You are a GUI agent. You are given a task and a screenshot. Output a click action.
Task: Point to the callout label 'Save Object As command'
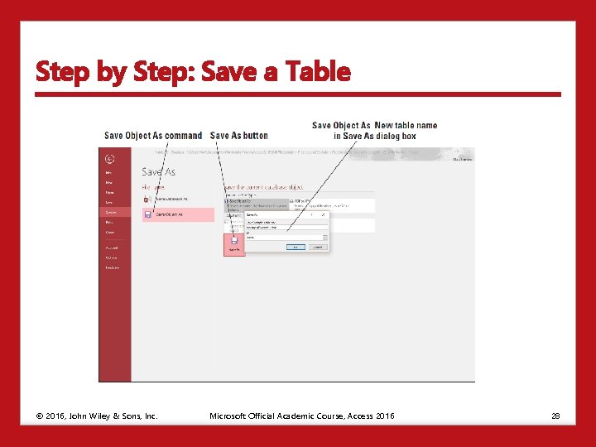click(x=153, y=136)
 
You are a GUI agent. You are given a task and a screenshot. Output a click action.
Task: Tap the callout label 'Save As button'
click(x=239, y=136)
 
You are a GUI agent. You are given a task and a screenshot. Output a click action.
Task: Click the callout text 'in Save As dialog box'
click(x=375, y=136)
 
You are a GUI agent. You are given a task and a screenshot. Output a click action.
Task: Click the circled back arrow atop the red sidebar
click(x=110, y=159)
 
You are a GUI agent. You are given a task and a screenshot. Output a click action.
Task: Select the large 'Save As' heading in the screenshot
click(x=158, y=171)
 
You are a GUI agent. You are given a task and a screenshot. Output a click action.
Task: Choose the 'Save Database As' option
click(x=171, y=199)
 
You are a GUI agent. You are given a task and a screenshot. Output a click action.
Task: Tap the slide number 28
click(x=555, y=416)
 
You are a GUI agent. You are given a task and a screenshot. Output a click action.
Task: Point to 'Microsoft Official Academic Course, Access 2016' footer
click(x=302, y=416)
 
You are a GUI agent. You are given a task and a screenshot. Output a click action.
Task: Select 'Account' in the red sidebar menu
click(x=111, y=248)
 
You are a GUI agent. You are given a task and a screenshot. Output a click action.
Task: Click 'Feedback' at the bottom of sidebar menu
click(x=112, y=267)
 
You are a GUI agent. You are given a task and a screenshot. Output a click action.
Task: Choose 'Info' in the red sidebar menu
click(x=108, y=172)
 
